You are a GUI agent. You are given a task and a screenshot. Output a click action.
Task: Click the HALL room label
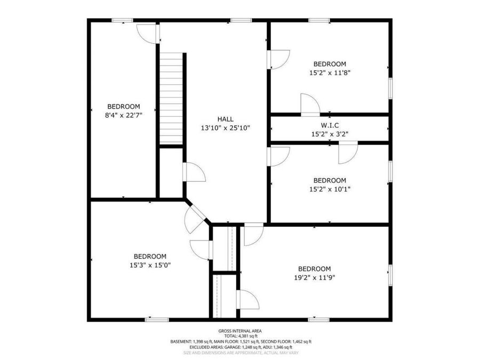point(225,119)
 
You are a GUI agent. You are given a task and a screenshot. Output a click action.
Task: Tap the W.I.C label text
point(330,125)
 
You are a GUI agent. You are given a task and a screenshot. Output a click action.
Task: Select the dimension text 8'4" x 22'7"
point(124,115)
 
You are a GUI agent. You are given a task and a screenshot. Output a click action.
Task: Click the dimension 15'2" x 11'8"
point(330,73)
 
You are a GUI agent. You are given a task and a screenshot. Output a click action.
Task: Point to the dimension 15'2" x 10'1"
point(330,189)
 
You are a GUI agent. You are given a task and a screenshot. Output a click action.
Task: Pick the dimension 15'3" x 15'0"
point(150,265)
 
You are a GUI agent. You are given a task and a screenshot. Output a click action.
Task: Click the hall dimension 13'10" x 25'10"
point(225,128)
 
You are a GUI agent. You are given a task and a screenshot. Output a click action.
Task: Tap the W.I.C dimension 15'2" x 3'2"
point(330,134)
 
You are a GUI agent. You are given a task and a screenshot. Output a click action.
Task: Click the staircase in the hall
point(172,99)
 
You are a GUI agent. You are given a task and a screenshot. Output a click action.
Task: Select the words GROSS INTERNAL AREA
point(240,331)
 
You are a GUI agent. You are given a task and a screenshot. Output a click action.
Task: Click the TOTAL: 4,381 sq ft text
point(240,336)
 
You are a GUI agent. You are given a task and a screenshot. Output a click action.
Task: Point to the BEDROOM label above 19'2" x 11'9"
point(314,268)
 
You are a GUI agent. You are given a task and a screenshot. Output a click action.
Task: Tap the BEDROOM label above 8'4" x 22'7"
point(124,106)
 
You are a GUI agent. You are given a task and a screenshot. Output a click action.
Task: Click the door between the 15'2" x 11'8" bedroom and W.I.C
point(310,105)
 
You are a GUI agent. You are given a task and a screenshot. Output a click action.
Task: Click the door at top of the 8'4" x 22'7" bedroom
point(148,33)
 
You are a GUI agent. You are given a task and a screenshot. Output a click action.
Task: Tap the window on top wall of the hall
point(241,21)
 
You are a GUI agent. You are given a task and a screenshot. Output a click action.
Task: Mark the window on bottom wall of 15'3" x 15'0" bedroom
point(157,319)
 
